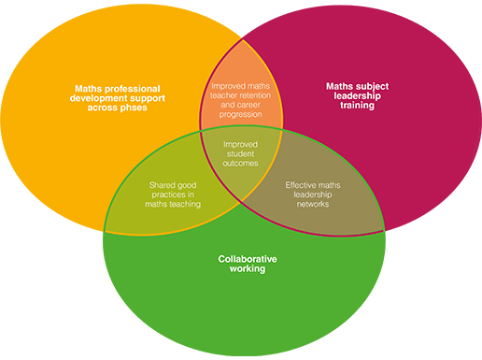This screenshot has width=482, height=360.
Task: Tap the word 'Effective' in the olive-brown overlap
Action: (x=304, y=185)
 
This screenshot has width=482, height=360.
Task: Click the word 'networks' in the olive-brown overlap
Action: (x=313, y=204)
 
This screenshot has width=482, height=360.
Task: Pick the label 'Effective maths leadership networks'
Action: (x=313, y=194)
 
